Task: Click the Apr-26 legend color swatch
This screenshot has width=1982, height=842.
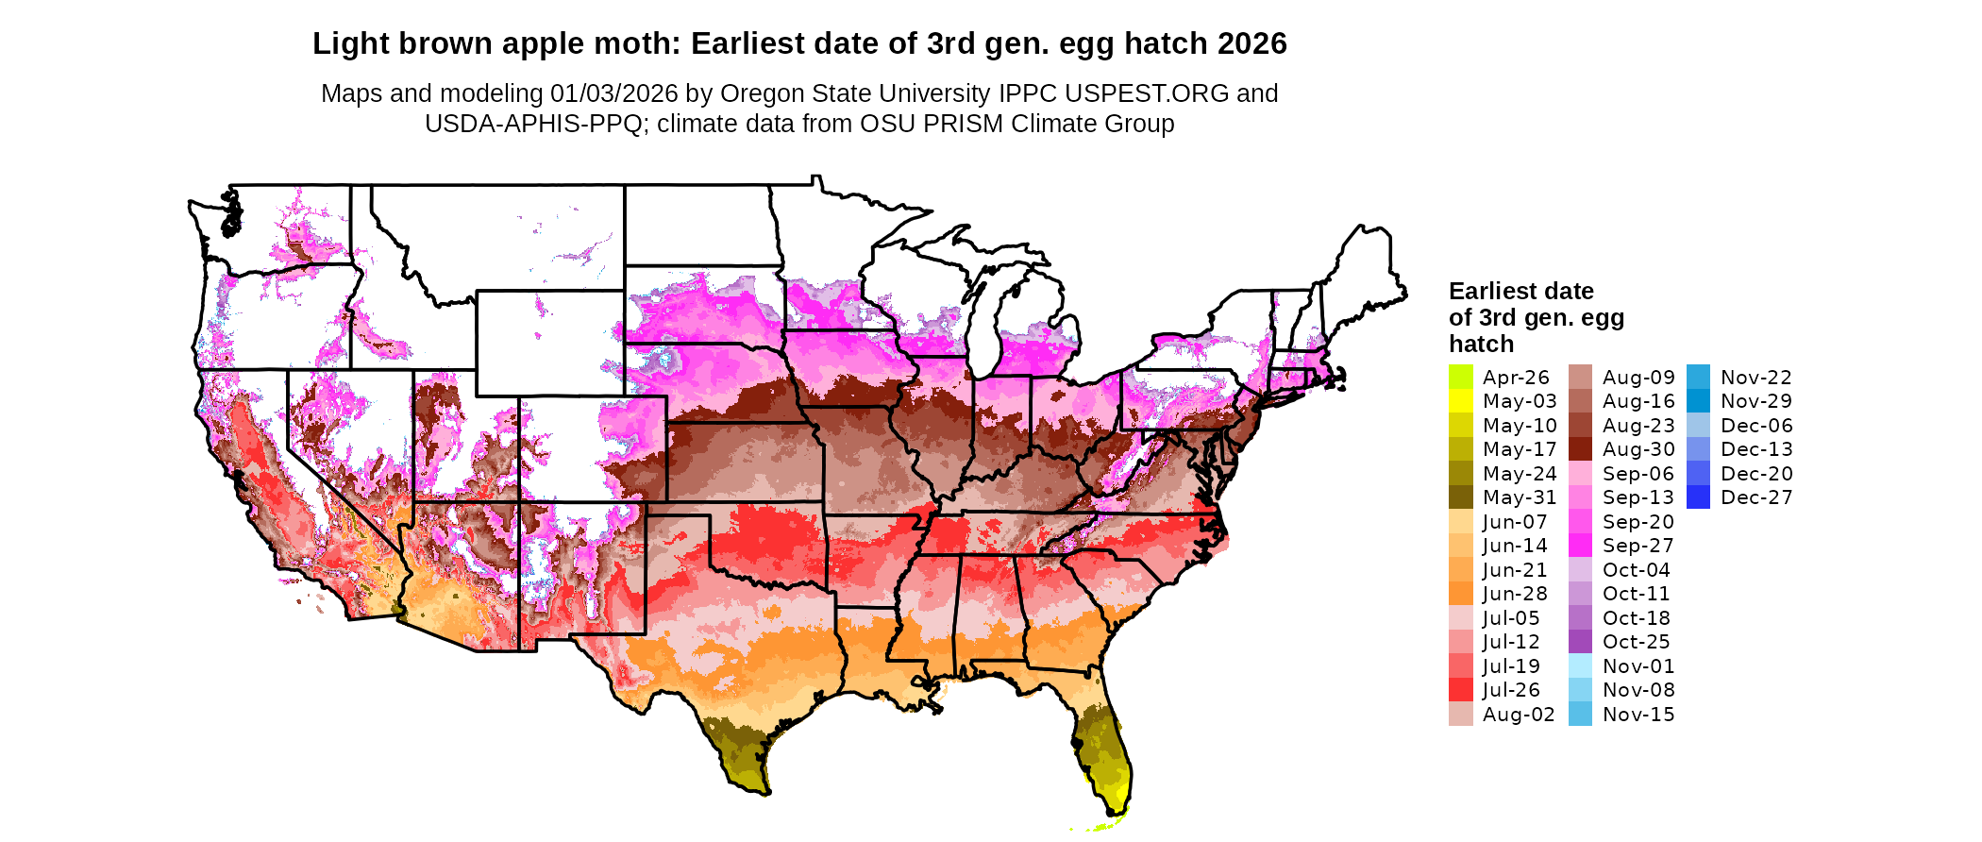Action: pyautogui.click(x=1460, y=377)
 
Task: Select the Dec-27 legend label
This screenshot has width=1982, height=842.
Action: pyautogui.click(x=1755, y=497)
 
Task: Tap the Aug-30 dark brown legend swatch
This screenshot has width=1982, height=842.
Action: pyautogui.click(x=1580, y=449)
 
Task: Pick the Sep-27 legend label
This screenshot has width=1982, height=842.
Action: pyautogui.click(x=1638, y=546)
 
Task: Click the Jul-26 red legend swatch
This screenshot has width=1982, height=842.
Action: pyautogui.click(x=1460, y=690)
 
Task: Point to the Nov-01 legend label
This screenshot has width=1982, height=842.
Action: pyautogui.click(x=1638, y=666)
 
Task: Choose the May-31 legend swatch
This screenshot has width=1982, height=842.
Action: pyautogui.click(x=1460, y=497)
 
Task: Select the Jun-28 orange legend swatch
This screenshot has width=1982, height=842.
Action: pyautogui.click(x=1460, y=594)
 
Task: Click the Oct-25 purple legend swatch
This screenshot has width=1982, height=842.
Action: pyautogui.click(x=1580, y=642)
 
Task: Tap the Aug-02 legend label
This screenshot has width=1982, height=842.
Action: pyautogui.click(x=1518, y=715)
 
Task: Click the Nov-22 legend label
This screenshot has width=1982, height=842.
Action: pyautogui.click(x=1755, y=378)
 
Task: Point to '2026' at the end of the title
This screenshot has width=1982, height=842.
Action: pyautogui.click(x=1251, y=44)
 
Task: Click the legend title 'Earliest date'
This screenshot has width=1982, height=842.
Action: pyautogui.click(x=1520, y=291)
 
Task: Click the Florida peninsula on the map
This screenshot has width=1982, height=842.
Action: pyautogui.click(x=1104, y=755)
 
